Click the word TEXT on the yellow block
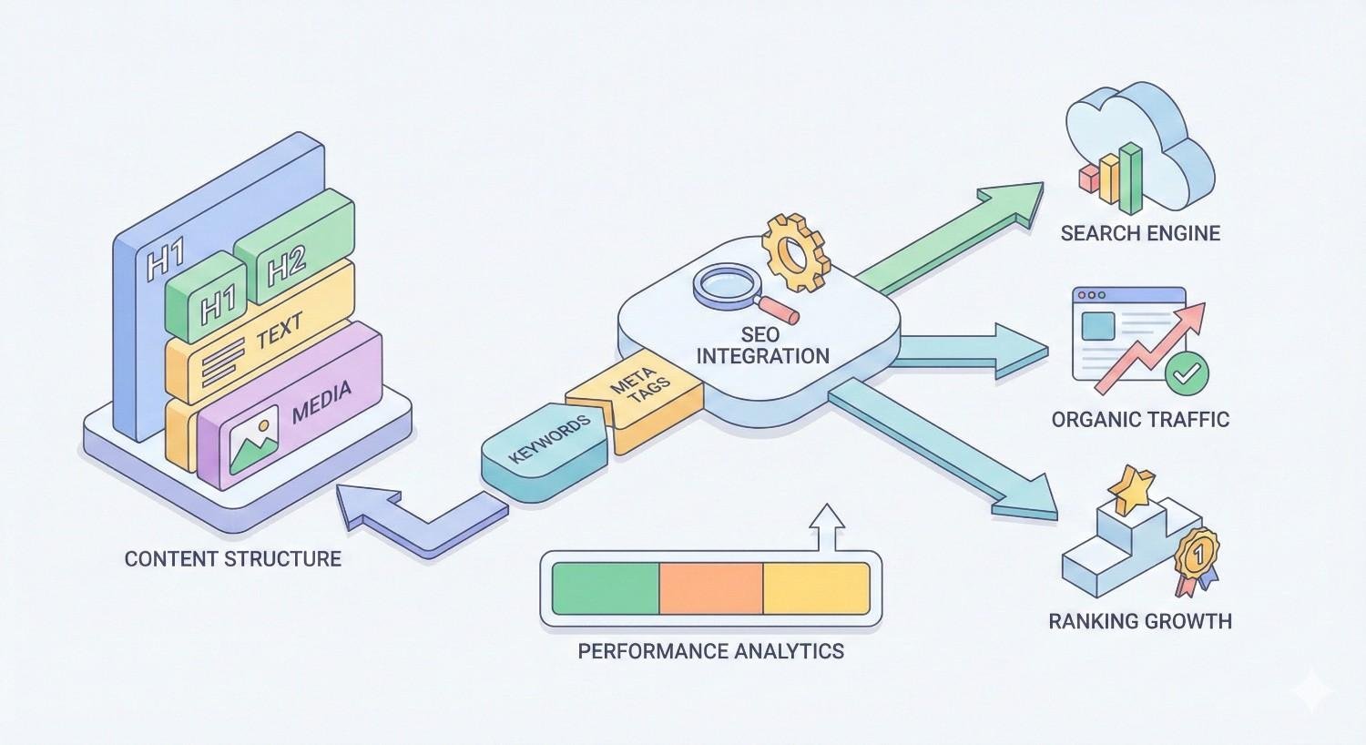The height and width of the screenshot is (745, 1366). pos(279,333)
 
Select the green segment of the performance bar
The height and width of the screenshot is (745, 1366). pos(606,588)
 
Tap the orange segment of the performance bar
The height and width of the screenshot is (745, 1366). pos(710,588)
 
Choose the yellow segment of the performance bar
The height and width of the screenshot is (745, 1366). pos(815,588)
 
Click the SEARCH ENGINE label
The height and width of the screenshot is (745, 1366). pos(1140,233)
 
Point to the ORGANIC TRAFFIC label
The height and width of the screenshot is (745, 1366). pos(1140,420)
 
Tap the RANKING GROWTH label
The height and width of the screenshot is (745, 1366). pos(1140,622)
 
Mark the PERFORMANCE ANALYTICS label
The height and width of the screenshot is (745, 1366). pos(710,652)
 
